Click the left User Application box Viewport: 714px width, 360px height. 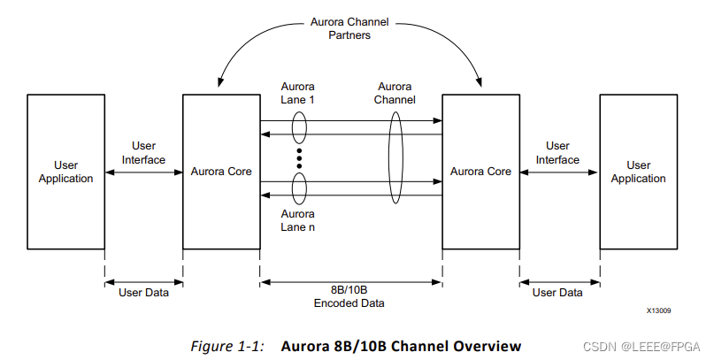[x=65, y=172]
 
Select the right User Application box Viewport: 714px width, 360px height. [x=639, y=172]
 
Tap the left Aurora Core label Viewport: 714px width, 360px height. [x=221, y=172]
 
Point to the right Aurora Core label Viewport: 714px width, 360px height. [x=480, y=172]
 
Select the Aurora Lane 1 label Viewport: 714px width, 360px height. [x=298, y=94]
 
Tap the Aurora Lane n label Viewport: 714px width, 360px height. [x=298, y=220]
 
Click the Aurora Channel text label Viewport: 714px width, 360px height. [x=395, y=94]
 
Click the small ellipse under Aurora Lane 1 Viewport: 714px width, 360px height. [x=299, y=126]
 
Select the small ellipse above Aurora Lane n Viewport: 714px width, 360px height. [x=299, y=188]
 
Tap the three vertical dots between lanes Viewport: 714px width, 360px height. [x=299, y=157]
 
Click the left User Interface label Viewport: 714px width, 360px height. [x=143, y=153]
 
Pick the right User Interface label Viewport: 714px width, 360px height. [x=557, y=153]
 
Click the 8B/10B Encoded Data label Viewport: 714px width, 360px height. [x=351, y=297]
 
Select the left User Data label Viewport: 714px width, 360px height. [x=143, y=292]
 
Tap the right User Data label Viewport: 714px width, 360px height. [x=557, y=292]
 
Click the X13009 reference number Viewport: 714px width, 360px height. [x=659, y=311]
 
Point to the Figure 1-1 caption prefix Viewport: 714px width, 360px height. [x=227, y=346]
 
